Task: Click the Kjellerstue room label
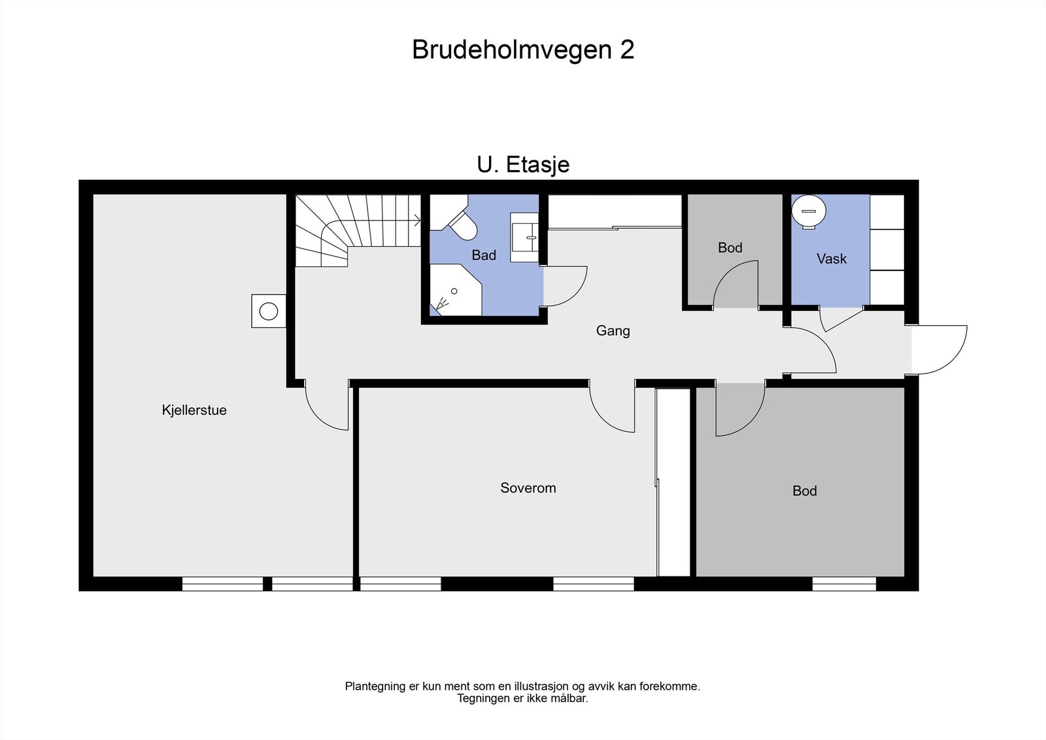click(x=194, y=410)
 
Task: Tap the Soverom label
click(x=528, y=488)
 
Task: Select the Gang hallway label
click(x=613, y=331)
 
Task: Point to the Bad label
click(x=484, y=255)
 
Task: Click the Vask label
click(x=831, y=259)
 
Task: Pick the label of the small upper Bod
click(x=730, y=248)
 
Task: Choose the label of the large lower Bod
click(x=804, y=491)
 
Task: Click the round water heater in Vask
click(x=809, y=211)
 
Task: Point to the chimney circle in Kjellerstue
click(x=269, y=311)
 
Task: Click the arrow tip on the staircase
click(x=418, y=221)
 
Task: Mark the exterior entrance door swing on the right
click(x=941, y=350)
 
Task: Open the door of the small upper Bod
click(x=735, y=285)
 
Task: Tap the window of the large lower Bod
click(x=844, y=584)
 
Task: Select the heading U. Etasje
click(x=523, y=165)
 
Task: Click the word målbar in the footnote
click(x=568, y=699)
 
